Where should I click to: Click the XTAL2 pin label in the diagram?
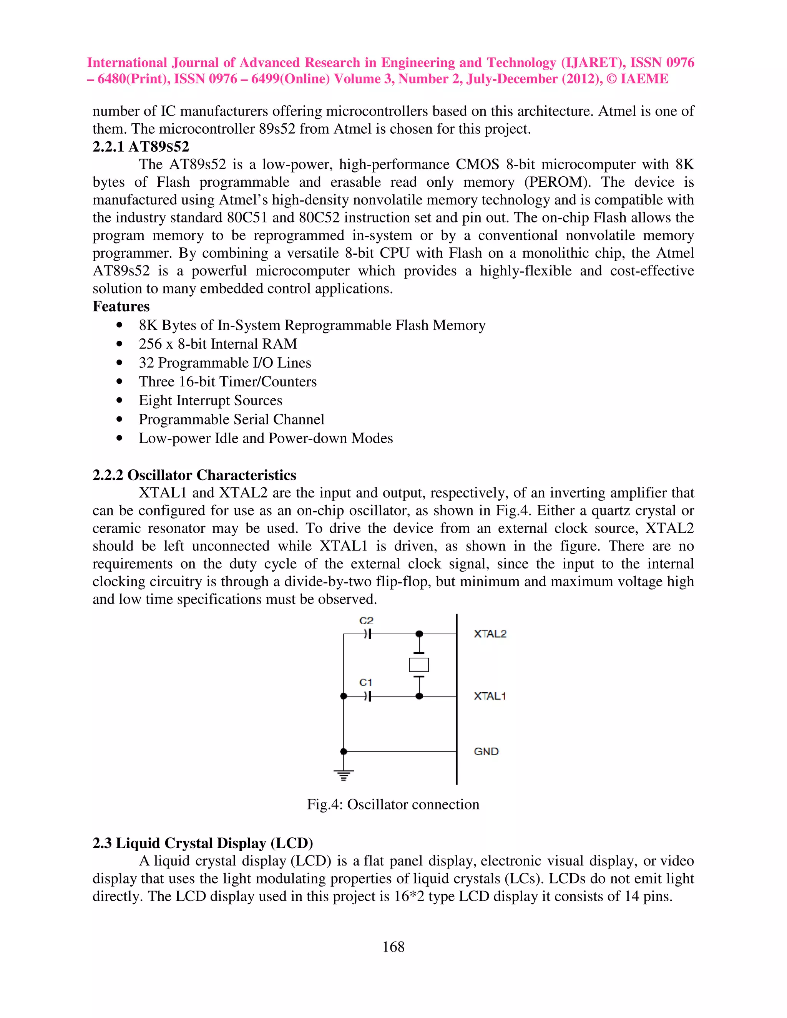coord(490,634)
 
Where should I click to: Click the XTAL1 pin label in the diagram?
coord(490,696)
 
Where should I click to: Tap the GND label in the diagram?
coord(486,751)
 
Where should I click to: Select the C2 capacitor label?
coord(367,620)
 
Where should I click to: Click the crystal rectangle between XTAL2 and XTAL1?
coord(419,665)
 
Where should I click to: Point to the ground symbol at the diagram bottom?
coord(344,775)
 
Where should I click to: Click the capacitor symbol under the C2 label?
coord(368,634)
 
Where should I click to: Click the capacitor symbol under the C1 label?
coord(368,696)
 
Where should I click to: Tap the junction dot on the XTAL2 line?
coord(419,634)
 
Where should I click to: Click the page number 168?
coord(393,947)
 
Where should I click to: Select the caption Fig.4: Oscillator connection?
coord(393,804)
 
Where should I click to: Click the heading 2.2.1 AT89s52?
coord(141,147)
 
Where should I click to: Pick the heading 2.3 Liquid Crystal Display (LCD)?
coord(203,843)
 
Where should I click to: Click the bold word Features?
coord(121,306)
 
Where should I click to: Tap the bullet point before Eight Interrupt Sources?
coord(120,400)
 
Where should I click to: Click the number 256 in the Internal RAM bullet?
coord(150,344)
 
